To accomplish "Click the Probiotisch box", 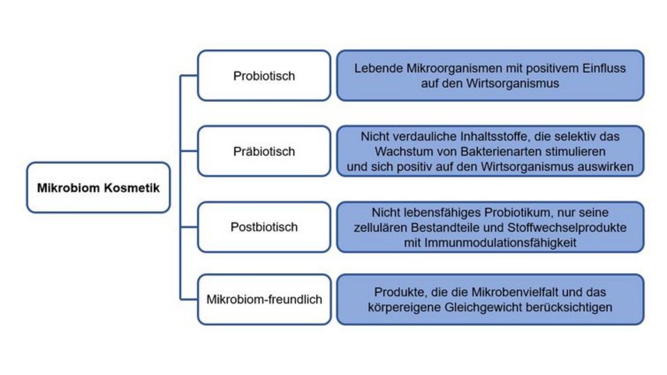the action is pyautogui.click(x=264, y=75).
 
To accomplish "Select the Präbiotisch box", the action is pyautogui.click(x=264, y=151).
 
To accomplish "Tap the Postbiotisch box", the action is pyautogui.click(x=264, y=227).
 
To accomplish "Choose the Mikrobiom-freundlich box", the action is pyautogui.click(x=264, y=300).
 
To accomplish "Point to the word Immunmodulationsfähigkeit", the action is pyautogui.click(x=500, y=243).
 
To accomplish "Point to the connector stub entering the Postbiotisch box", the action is pyautogui.click(x=189, y=227).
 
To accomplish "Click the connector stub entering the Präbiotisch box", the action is pyautogui.click(x=189, y=151).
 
